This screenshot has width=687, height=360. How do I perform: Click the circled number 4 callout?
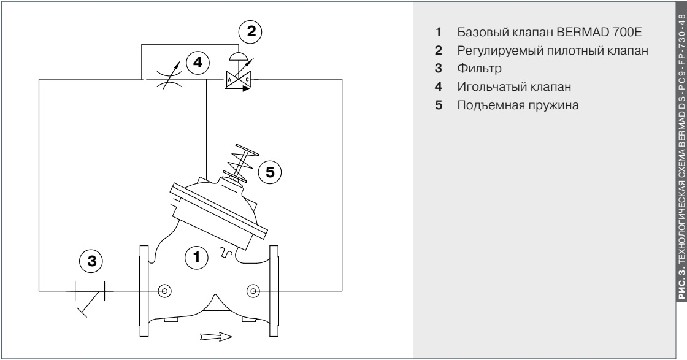197,62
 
